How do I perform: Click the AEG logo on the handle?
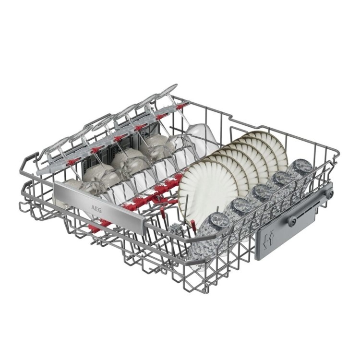[97, 204]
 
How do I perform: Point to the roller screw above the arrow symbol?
[291, 220]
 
